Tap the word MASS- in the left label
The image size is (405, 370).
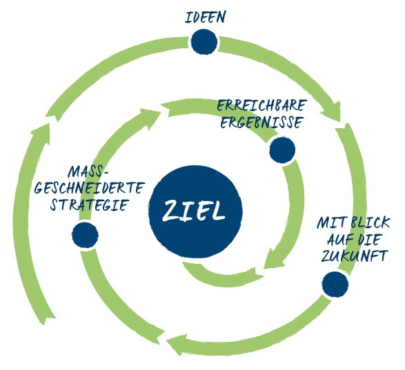90,170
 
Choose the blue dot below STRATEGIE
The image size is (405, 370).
85,234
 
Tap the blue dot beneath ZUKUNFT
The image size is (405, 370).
334,284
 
